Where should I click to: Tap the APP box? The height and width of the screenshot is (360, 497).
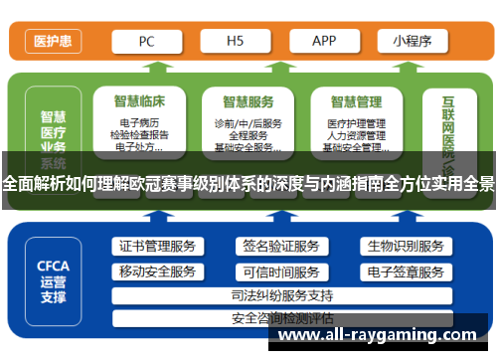(324, 42)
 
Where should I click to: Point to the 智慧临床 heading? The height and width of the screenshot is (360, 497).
(140, 100)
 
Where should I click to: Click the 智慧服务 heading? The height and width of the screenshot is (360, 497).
(248, 100)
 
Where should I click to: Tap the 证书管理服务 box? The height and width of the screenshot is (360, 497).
(157, 247)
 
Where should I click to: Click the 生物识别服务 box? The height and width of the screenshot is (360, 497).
(405, 247)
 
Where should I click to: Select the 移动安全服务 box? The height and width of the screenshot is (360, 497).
(157, 271)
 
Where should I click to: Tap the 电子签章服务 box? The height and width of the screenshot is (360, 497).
(405, 271)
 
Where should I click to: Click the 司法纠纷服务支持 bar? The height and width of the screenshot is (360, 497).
(281, 295)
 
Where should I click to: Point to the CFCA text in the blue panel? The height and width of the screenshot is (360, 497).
(52, 266)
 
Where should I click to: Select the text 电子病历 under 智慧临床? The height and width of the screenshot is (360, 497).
(140, 123)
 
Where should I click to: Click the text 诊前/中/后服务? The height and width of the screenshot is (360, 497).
(248, 123)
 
